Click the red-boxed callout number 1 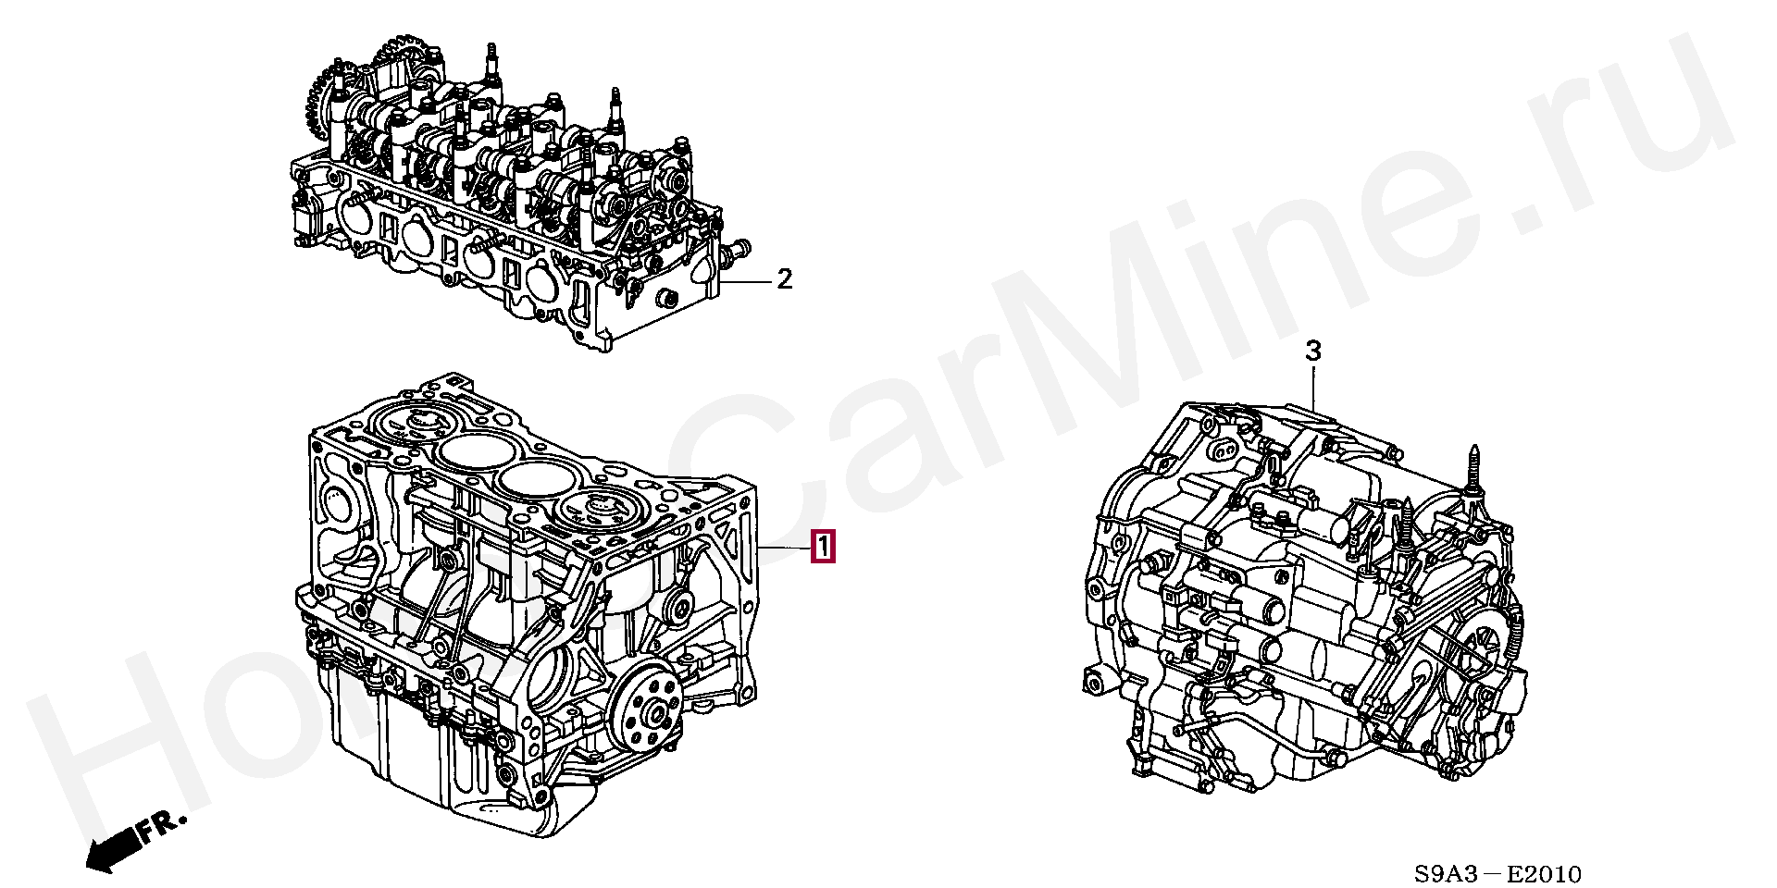pyautogui.click(x=823, y=547)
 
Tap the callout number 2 pyautogui.click(x=784, y=278)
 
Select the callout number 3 pyautogui.click(x=1312, y=351)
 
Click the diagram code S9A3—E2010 pyautogui.click(x=1497, y=873)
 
